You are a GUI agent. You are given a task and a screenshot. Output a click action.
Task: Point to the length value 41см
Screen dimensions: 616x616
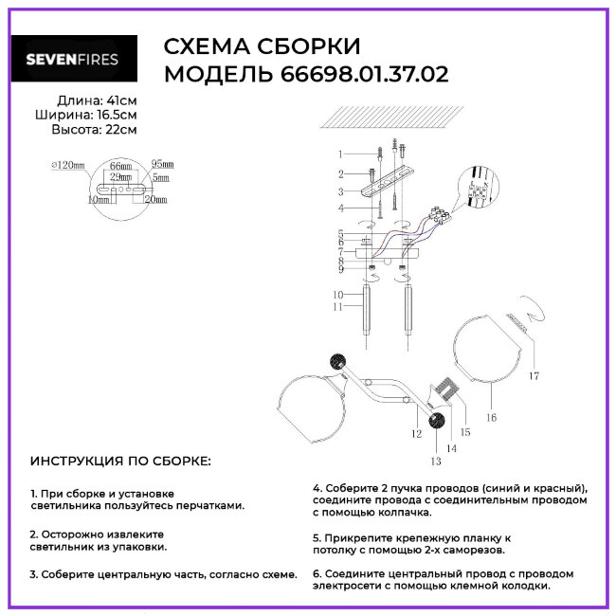pos(120,100)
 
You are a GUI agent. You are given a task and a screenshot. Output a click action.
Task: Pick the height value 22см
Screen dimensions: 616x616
pos(120,130)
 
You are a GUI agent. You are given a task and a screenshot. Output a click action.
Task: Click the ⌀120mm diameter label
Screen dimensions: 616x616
pos(68,165)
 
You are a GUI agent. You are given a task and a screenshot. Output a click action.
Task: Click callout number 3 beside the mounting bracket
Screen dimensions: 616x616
pos(339,191)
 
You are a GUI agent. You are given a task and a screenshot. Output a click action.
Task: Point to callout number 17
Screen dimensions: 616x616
pos(534,376)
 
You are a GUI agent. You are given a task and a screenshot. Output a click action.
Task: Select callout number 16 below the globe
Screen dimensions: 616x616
pos(491,416)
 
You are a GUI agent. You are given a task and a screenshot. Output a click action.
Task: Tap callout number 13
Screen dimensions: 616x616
pos(435,462)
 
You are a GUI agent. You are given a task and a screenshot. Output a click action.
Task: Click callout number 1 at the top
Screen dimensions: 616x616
pos(339,153)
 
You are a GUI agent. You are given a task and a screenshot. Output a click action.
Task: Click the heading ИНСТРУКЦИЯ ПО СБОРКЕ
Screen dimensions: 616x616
pos(121,462)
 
